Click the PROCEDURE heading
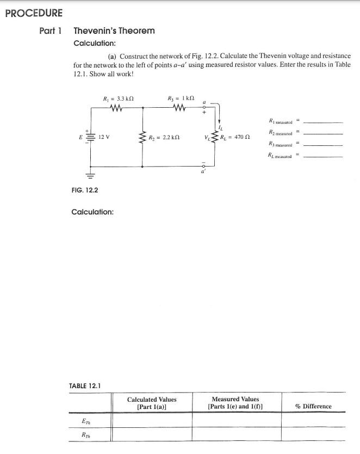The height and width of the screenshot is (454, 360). [x=34, y=13]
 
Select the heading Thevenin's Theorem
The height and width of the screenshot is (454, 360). [x=114, y=30]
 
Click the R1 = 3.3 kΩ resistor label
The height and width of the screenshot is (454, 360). [x=119, y=99]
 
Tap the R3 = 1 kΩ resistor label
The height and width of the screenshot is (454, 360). [x=182, y=99]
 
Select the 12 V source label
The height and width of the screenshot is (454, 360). [x=103, y=137]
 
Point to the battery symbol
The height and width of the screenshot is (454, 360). [x=90, y=137]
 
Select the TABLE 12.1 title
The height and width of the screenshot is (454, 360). [x=86, y=385]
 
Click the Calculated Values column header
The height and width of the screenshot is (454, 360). [x=152, y=403]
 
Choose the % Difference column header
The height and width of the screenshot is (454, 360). [x=313, y=406]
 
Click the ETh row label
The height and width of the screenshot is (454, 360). [x=86, y=421]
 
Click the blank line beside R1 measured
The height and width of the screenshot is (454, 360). [x=324, y=122]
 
